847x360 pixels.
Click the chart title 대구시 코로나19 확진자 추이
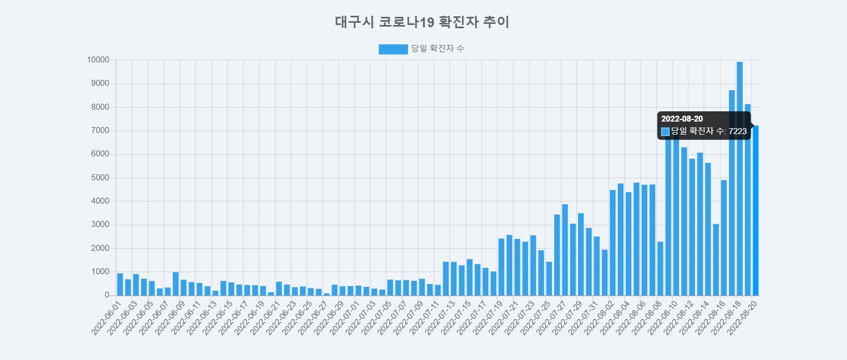[422, 22]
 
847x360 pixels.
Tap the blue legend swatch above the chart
[393, 49]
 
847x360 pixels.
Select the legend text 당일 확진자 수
[437, 49]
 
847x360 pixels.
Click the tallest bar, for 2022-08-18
[739, 179]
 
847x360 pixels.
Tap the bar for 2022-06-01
[120, 285]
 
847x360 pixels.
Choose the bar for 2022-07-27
[565, 250]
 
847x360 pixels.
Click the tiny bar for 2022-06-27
[327, 294]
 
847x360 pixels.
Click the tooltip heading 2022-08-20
[682, 119]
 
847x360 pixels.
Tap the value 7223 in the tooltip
[737, 131]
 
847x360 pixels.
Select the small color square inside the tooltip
[665, 131]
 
